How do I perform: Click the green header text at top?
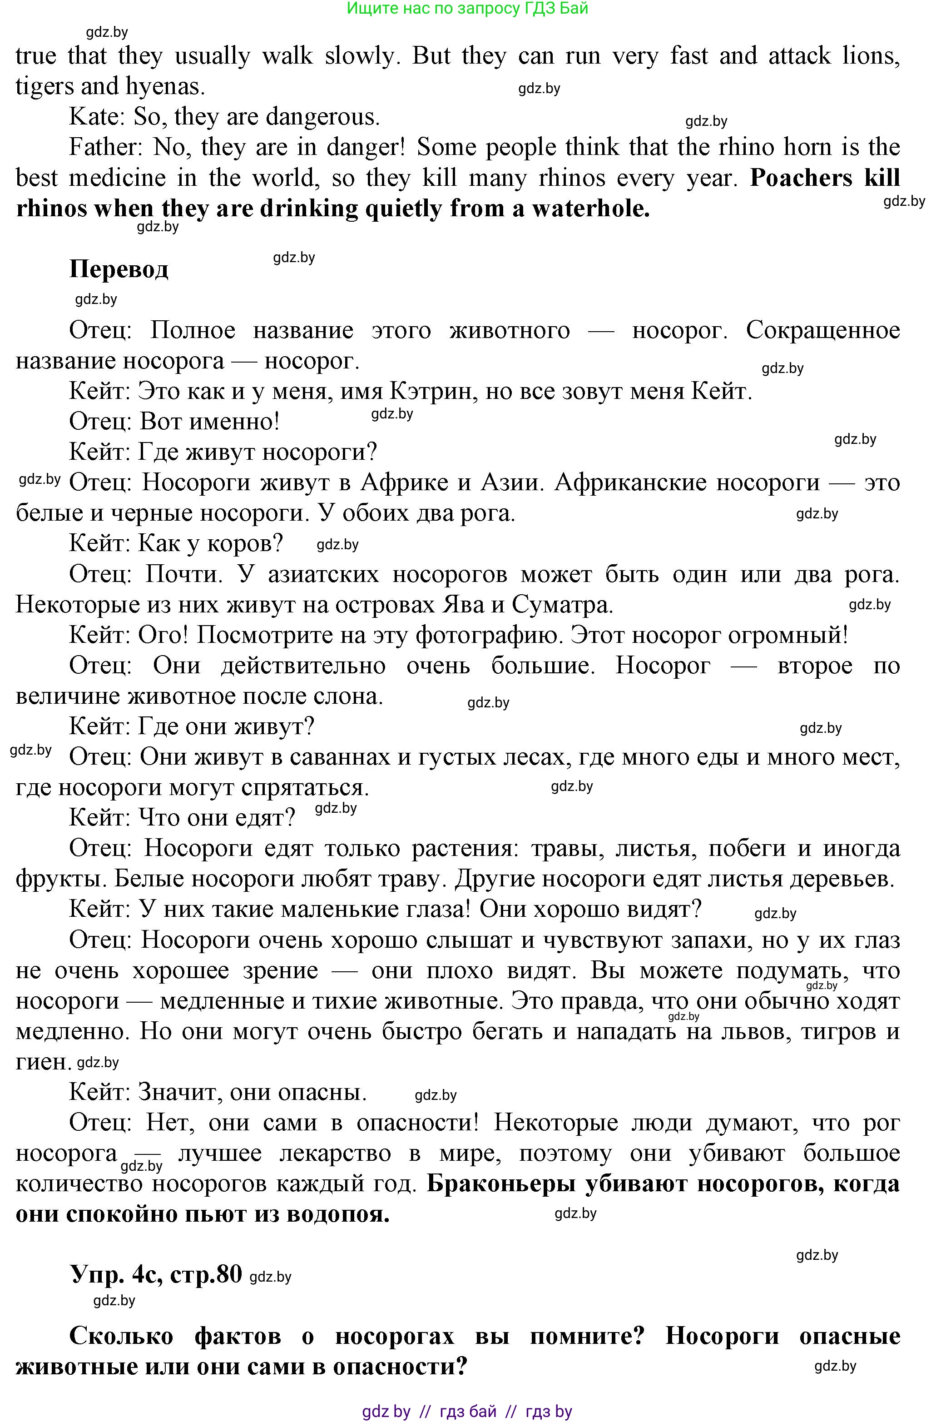pyautogui.click(x=467, y=8)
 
